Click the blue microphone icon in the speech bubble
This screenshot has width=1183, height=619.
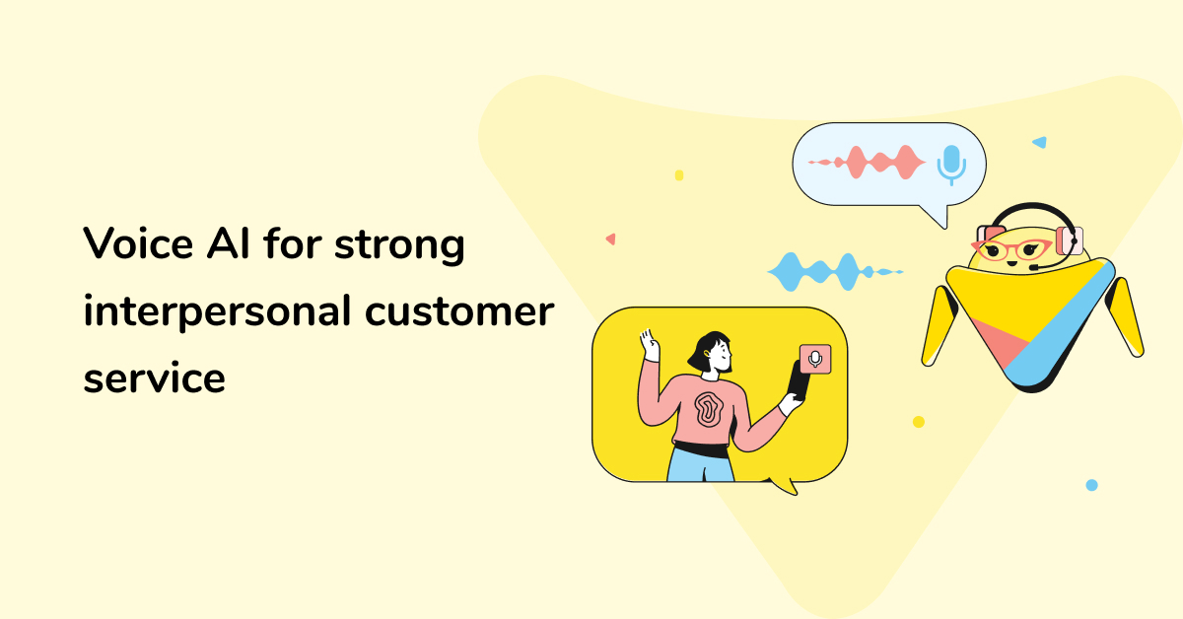pos(951,165)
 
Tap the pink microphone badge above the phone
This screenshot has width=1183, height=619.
pos(815,359)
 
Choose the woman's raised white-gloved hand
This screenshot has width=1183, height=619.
pos(649,346)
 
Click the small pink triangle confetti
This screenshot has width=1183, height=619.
pos(611,239)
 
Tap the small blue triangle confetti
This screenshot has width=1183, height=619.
pos(1039,142)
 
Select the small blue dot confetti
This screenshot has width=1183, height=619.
pos(1091,485)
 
